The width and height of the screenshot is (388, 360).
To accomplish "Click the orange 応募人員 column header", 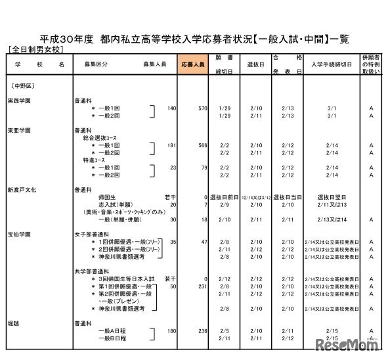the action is coord(192,65).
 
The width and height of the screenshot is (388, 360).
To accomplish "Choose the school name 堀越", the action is coord(13,324).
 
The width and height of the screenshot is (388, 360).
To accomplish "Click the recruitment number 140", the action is coord(172,108).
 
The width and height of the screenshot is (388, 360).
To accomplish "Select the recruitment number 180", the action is coord(172,332).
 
